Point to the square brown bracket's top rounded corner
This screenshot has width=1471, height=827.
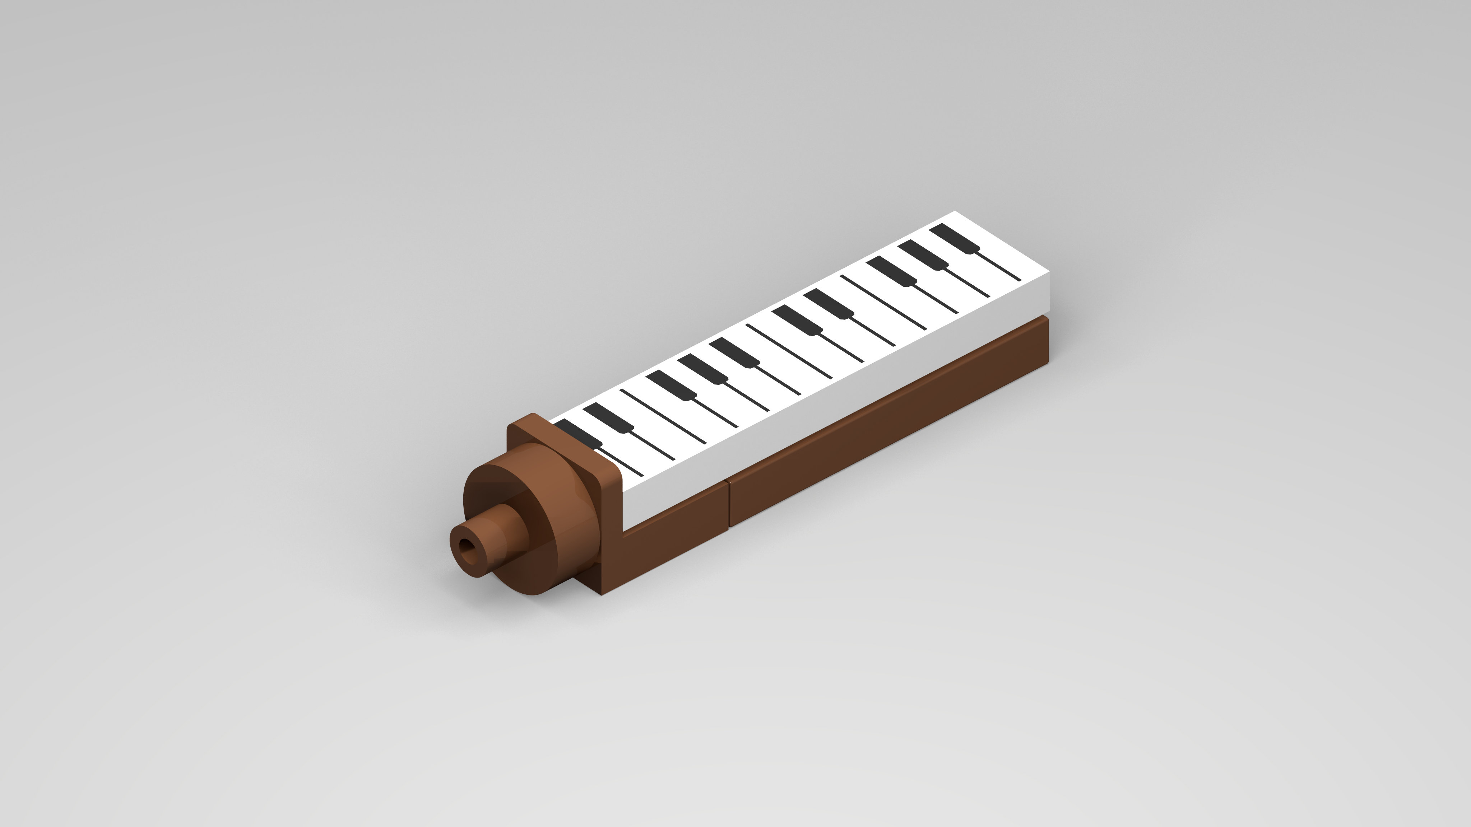[532, 416]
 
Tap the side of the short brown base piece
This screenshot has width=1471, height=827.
[674, 537]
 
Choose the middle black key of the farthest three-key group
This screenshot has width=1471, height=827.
[923, 254]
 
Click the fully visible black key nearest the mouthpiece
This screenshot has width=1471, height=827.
[608, 417]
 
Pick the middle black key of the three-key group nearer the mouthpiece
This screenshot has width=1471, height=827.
[702, 368]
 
